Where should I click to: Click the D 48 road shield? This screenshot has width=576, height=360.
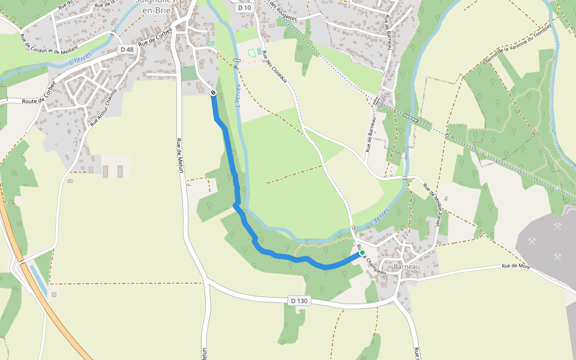[127, 49]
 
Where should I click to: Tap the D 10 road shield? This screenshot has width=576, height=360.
[242, 8]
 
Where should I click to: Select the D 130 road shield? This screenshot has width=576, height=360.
[301, 300]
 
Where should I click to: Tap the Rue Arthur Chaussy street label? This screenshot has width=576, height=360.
[102, 107]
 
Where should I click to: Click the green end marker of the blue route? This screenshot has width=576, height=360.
[362, 253]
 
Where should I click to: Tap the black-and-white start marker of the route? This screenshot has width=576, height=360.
[213, 92]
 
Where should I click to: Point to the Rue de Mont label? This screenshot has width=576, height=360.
[516, 265]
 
